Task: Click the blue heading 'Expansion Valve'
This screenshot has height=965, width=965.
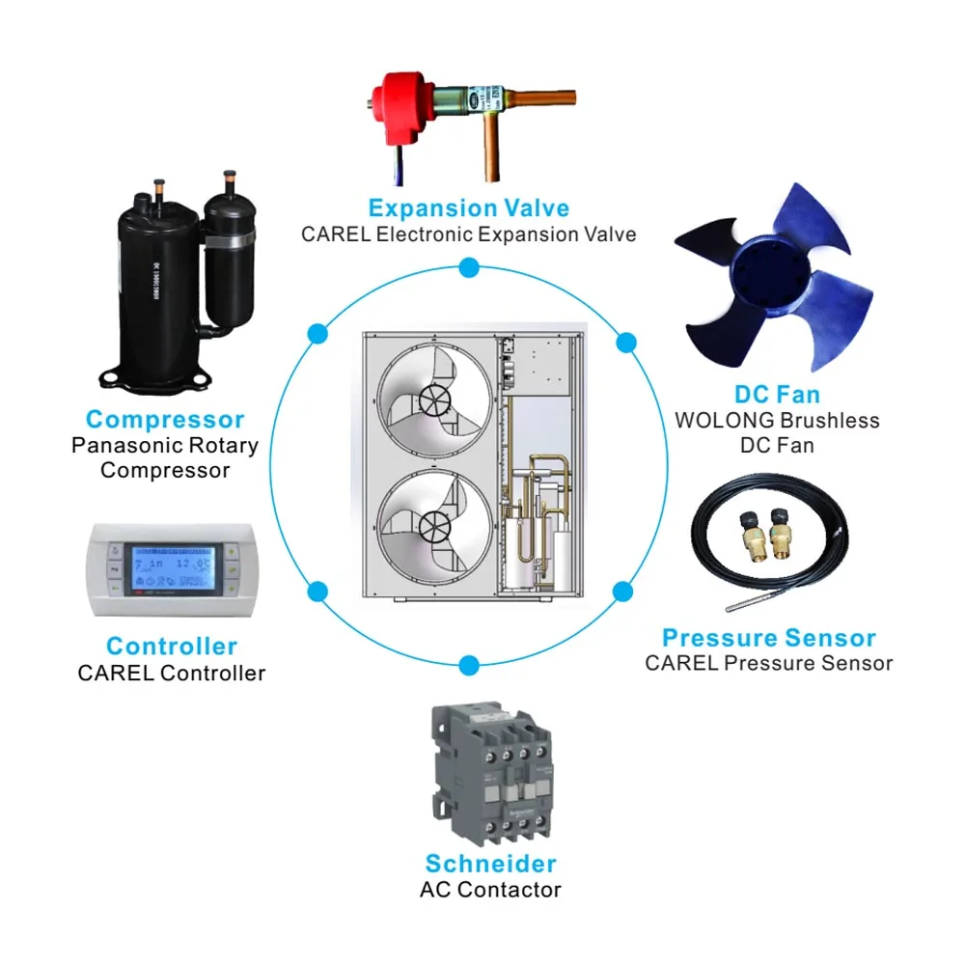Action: [469, 207]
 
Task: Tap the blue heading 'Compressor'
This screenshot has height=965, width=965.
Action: [165, 420]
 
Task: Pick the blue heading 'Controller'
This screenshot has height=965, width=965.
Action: [172, 646]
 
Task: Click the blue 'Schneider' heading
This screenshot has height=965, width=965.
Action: [490, 863]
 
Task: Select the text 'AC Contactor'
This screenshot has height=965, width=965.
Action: [490, 890]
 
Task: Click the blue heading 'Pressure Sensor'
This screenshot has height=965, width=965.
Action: [769, 638]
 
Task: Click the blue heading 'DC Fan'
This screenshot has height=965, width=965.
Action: [777, 394]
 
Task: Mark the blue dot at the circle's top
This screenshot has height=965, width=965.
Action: [469, 266]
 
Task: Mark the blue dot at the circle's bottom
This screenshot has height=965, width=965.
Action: [469, 664]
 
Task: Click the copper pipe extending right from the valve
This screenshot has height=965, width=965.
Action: [550, 97]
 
